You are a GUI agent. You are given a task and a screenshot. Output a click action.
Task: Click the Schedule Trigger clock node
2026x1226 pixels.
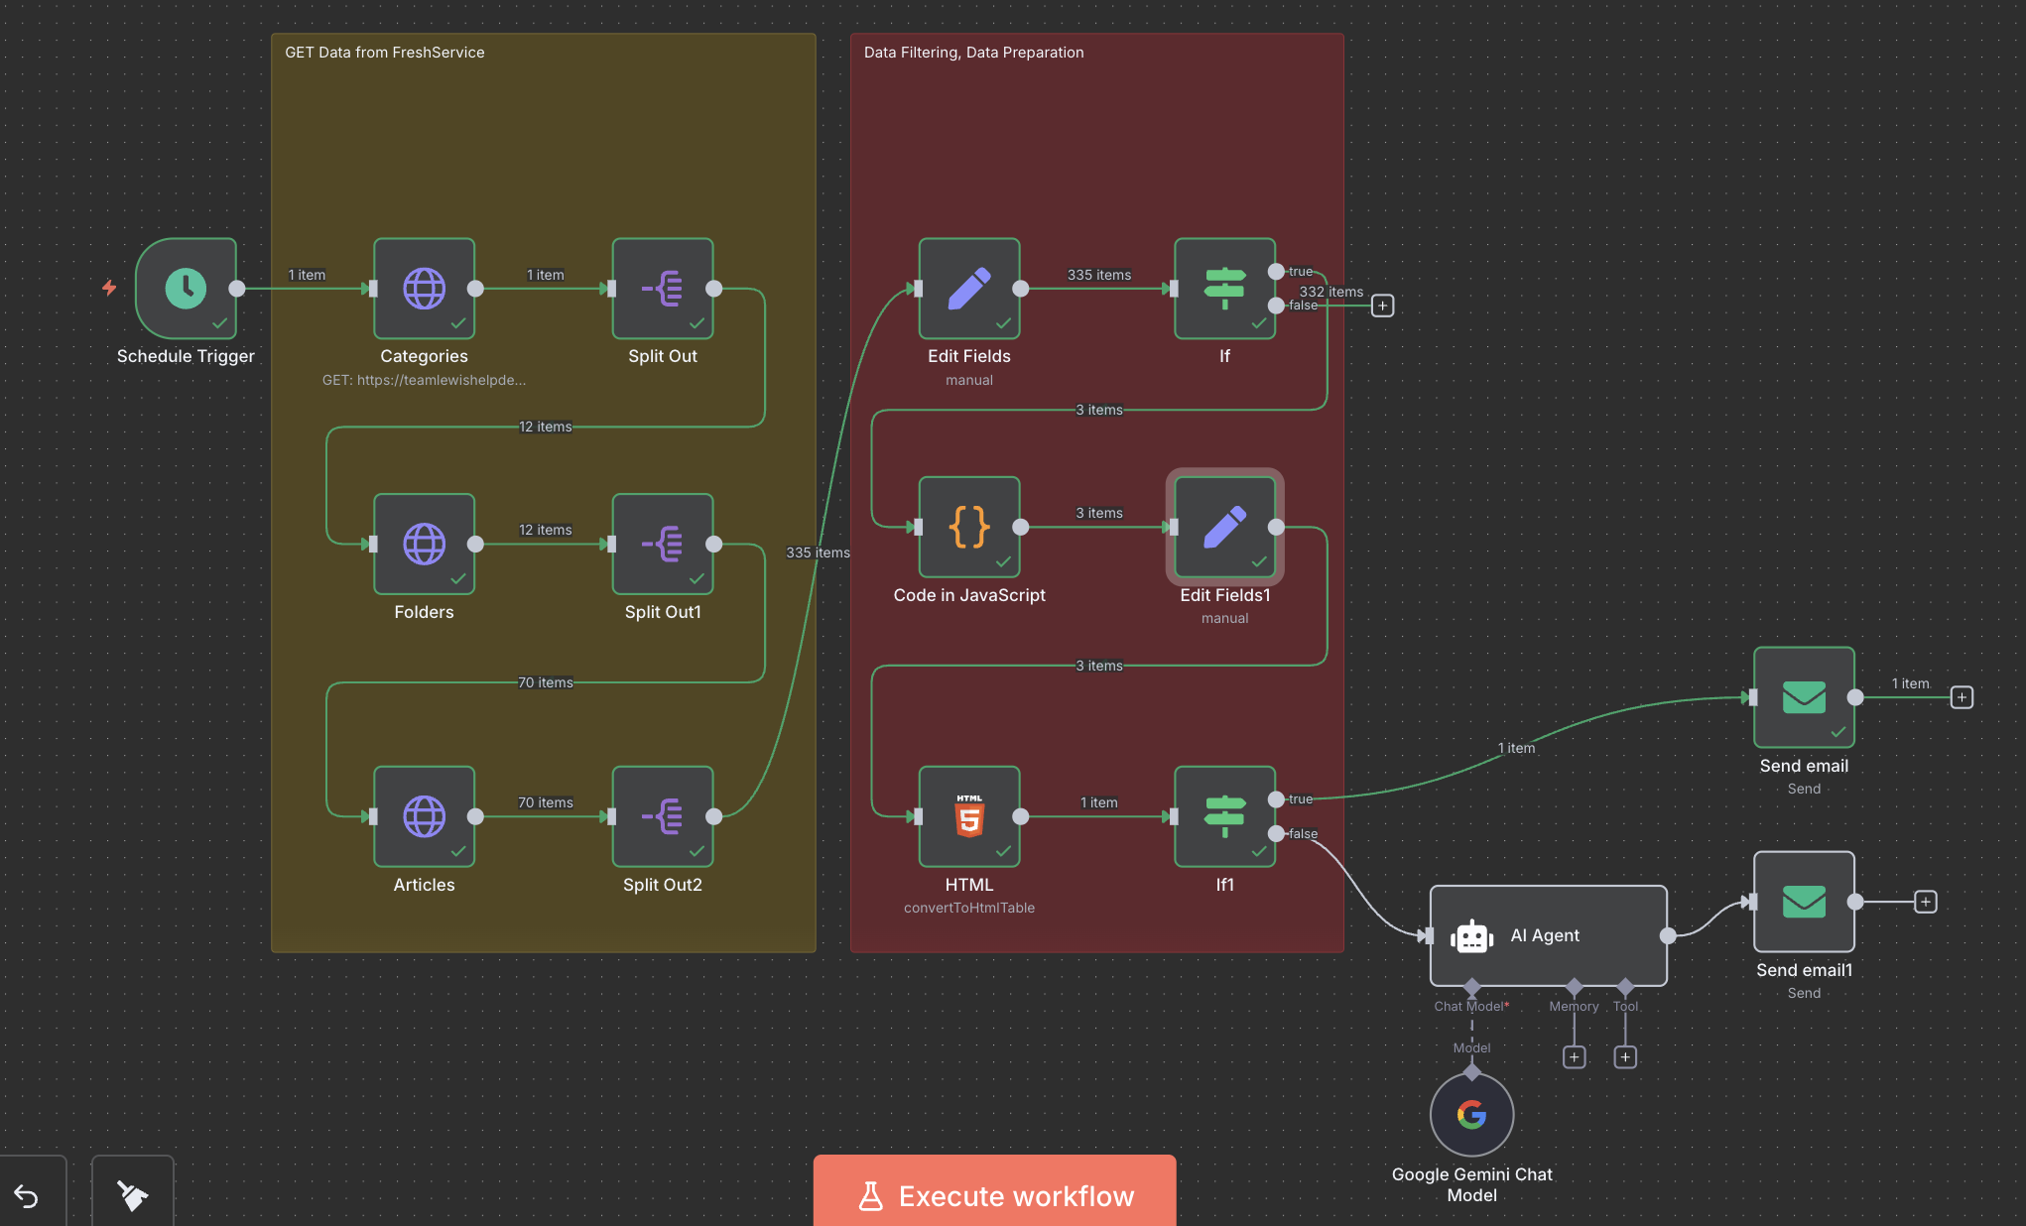pyautogui.click(x=186, y=289)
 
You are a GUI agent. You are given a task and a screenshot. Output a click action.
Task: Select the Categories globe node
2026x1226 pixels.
pyautogui.click(x=424, y=289)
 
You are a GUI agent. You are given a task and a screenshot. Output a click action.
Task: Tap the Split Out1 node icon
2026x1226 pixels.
pyautogui.click(x=663, y=544)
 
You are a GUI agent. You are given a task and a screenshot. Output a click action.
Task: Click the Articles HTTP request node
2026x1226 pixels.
pyautogui.click(x=424, y=816)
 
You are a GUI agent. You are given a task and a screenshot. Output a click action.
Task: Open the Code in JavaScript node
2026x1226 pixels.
pyautogui.click(x=969, y=527)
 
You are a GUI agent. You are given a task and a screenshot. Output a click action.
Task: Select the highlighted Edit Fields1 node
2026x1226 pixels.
pyautogui.click(x=1224, y=527)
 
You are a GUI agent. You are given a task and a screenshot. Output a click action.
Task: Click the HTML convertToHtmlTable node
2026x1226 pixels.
pyautogui.click(x=969, y=816)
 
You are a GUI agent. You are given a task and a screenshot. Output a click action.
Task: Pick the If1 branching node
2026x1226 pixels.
pyautogui.click(x=1224, y=816)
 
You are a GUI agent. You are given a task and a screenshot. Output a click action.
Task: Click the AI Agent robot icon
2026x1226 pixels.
pyautogui.click(x=1471, y=936)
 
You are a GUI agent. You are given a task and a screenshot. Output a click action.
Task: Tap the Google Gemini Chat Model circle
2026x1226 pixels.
pyautogui.click(x=1471, y=1115)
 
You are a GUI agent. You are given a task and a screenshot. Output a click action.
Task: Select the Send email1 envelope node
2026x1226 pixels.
pyautogui.click(x=1804, y=902)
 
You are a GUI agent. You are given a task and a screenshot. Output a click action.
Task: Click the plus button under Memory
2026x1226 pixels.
pyautogui.click(x=1574, y=1057)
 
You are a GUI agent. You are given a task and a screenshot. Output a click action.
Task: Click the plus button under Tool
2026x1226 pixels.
pyautogui.click(x=1625, y=1057)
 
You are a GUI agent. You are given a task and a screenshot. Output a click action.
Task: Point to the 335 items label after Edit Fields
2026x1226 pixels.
pyautogui.click(x=1098, y=275)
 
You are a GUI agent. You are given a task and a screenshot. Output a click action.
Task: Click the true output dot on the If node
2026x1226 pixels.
pyautogui.click(x=1276, y=272)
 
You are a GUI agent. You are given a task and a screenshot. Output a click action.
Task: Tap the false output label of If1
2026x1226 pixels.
pyautogui.click(x=1303, y=834)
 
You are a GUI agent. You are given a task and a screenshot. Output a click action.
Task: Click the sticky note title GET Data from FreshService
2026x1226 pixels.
pyautogui.click(x=385, y=53)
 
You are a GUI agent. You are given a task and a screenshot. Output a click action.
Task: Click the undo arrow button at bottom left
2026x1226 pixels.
pyautogui.click(x=27, y=1196)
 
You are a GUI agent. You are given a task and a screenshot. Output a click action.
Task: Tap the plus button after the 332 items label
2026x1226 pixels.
pyautogui.click(x=1382, y=306)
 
